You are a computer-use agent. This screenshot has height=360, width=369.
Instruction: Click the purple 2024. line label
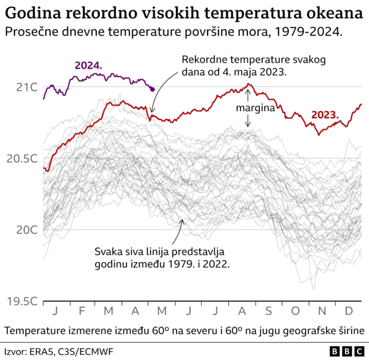click(88, 66)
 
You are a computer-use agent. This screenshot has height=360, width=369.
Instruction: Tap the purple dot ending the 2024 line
click(152, 89)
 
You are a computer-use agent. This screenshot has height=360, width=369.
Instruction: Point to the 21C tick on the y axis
click(27, 87)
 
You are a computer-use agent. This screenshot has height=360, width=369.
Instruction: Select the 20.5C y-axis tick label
click(22, 159)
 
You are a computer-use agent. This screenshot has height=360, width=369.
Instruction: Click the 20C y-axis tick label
click(27, 230)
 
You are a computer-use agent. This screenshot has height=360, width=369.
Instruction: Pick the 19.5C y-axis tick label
click(22, 301)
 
